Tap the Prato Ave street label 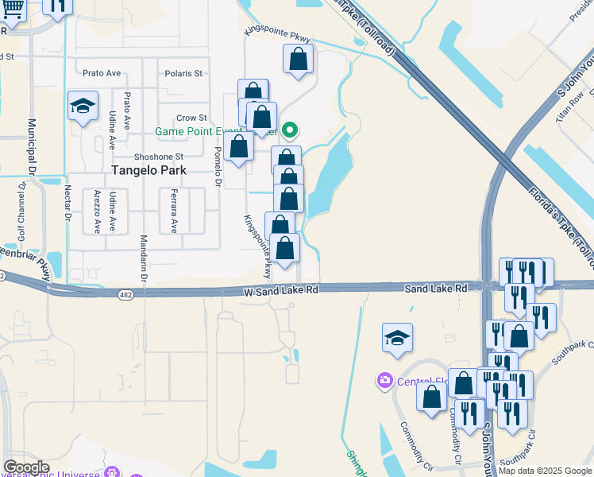101,73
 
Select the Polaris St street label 183,73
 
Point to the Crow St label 191,118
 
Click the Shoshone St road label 159,157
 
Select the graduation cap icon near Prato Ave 83,106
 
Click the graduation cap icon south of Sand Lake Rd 397,339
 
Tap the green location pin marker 291,130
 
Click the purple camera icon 385,381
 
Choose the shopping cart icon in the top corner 13,8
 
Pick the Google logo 25,467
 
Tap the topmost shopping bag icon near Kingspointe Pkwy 298,59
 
